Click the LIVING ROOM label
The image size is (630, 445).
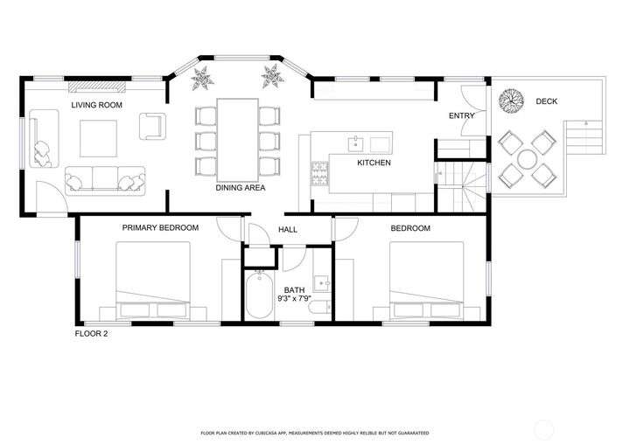(96, 105)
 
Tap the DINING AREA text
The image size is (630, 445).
(241, 188)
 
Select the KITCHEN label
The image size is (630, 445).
(374, 163)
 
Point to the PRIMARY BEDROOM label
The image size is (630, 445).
(160, 227)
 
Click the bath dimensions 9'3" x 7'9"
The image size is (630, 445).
(295, 298)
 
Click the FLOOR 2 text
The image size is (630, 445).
(91, 333)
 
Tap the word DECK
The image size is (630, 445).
(546, 101)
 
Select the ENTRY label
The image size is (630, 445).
(462, 115)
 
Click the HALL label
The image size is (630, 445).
(288, 230)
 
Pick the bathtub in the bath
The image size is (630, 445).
(258, 295)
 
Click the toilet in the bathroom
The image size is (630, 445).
(320, 308)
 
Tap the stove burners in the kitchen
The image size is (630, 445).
(320, 173)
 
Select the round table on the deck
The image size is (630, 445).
(527, 159)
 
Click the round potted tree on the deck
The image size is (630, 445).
(511, 101)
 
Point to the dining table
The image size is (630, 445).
(237, 140)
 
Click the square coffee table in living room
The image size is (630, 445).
(98, 138)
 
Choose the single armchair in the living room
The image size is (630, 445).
(152, 126)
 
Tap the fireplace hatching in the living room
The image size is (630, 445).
(97, 87)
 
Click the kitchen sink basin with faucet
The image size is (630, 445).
(355, 143)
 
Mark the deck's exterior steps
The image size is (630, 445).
(584, 137)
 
